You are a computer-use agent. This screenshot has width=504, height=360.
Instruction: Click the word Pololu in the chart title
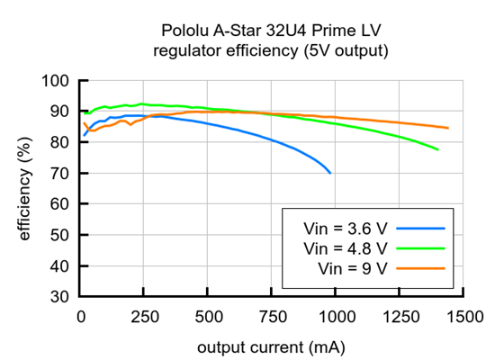click(184, 33)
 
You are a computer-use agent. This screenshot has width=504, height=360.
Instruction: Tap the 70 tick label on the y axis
click(58, 173)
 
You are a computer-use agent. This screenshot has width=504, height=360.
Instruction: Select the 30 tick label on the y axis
click(58, 296)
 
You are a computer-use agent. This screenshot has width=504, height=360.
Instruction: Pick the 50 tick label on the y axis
click(58, 235)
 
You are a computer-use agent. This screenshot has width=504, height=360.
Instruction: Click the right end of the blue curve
click(330, 172)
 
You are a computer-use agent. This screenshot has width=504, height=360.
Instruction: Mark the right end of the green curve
click(437, 149)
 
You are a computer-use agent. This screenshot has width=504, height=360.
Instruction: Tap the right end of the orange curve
click(447, 128)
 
